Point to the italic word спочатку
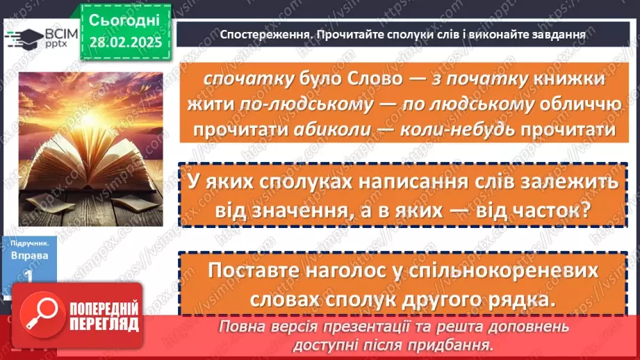[x=233, y=79]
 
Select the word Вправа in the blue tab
[x=25, y=255]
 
